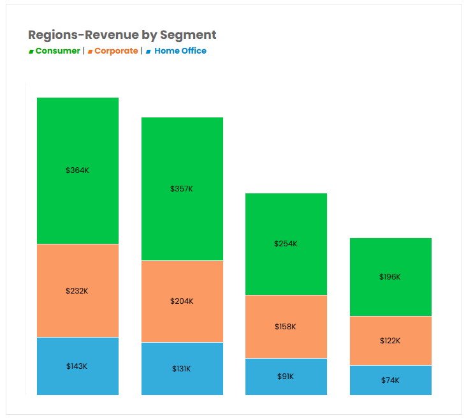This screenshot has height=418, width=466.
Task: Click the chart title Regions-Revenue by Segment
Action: click(x=122, y=35)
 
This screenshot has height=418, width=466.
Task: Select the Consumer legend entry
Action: click(x=57, y=51)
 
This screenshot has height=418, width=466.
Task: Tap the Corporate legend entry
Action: click(x=116, y=51)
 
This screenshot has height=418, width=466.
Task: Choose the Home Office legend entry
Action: click(x=180, y=51)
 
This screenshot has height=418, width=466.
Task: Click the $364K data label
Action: click(x=77, y=170)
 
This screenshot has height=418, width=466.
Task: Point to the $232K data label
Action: click(x=77, y=291)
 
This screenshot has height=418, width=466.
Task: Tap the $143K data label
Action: click(x=77, y=366)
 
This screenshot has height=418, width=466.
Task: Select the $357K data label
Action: click(x=182, y=189)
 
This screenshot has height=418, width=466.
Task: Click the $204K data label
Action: click(x=182, y=301)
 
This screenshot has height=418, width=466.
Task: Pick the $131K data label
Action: click(x=182, y=369)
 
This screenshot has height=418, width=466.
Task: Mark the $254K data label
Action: click(x=286, y=244)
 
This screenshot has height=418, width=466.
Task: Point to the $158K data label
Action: click(x=286, y=327)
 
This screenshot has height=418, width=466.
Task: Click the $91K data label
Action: click(x=286, y=377)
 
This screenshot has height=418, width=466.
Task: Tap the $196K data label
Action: click(x=390, y=277)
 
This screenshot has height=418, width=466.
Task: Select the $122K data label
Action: click(x=390, y=341)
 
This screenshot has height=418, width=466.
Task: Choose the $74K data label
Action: click(x=390, y=380)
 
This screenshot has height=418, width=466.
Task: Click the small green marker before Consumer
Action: click(x=31, y=52)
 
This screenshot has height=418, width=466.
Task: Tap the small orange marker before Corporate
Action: click(x=91, y=52)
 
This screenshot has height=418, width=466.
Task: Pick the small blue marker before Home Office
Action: click(x=149, y=52)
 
